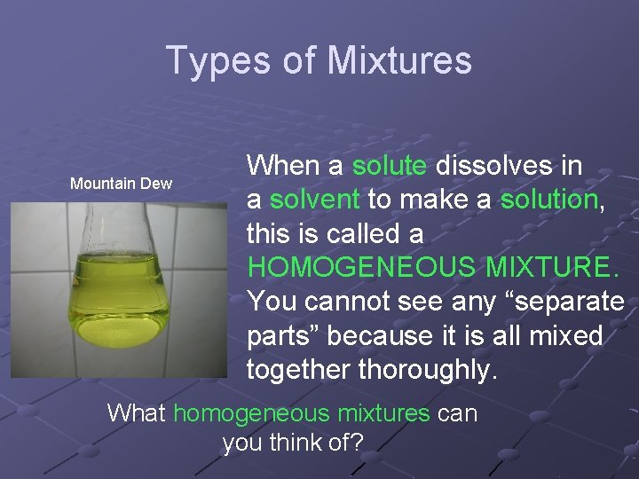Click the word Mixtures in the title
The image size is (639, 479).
(x=399, y=61)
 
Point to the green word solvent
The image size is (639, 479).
(x=315, y=200)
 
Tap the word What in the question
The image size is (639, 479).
(x=137, y=412)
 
